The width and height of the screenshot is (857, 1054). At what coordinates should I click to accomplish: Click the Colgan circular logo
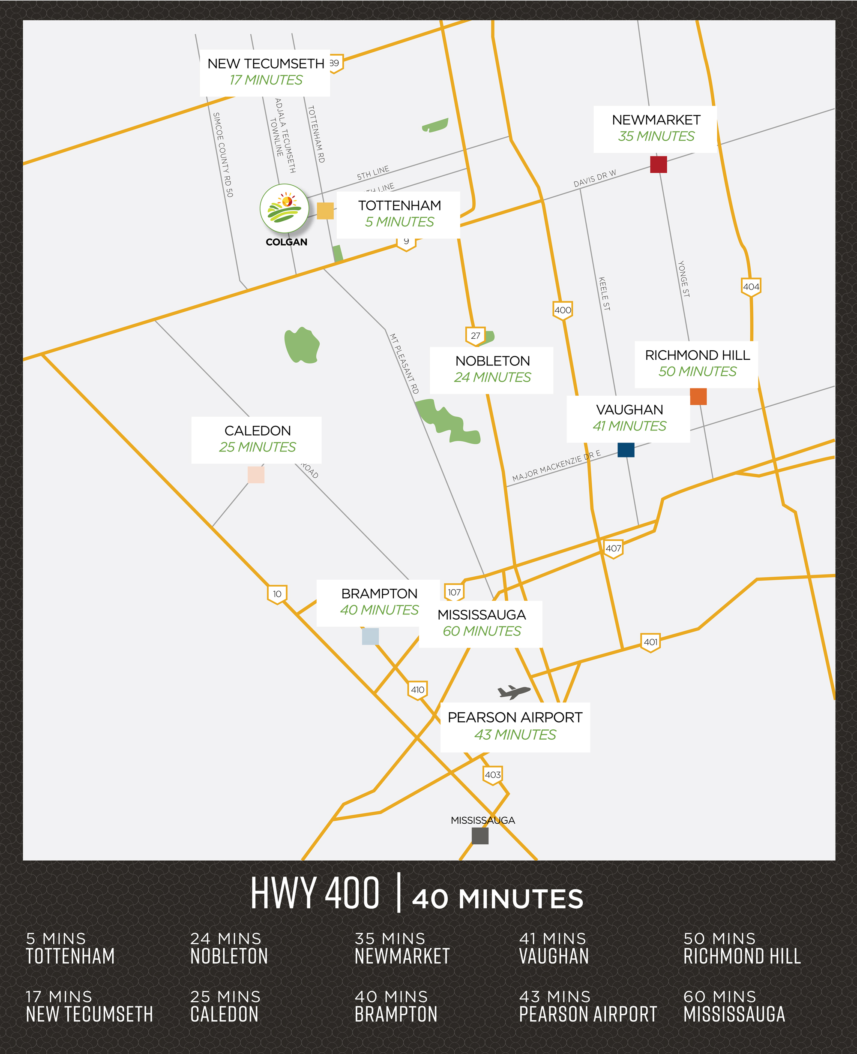coord(285,208)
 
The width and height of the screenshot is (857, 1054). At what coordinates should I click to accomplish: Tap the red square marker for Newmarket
coord(658,165)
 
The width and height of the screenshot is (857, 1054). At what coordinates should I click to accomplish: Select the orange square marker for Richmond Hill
coord(698,396)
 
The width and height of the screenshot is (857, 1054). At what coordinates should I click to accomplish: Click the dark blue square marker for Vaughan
coord(626,449)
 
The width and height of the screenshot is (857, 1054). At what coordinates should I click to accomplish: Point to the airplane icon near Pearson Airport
coord(513,692)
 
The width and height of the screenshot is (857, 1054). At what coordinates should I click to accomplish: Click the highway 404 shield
coord(751,287)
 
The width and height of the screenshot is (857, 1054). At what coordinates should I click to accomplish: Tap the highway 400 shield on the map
coord(562,310)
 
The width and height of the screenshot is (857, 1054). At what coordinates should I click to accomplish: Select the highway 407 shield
coord(613,549)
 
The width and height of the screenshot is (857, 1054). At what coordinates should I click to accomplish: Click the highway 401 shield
coord(650,642)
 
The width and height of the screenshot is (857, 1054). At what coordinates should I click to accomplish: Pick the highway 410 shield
coord(418,690)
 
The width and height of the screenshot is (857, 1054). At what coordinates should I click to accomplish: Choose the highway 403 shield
coord(493,775)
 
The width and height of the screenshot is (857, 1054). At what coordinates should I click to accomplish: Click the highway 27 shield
coord(475,336)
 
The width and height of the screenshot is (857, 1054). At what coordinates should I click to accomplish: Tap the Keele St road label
coord(604,294)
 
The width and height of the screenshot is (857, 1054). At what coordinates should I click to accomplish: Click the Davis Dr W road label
coord(594,179)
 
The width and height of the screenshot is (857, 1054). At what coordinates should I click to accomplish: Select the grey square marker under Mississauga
coord(480,836)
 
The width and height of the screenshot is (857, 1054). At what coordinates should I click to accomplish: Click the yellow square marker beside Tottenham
coord(325,211)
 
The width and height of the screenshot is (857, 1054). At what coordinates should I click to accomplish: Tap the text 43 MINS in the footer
coord(554,997)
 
